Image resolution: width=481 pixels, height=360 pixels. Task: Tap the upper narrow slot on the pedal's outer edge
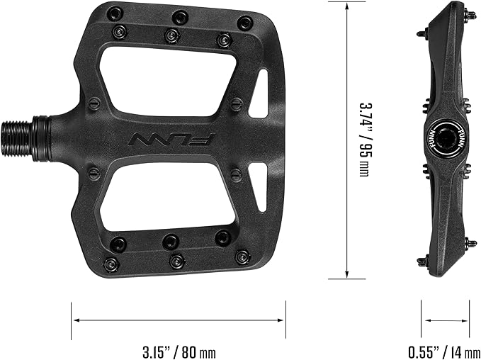point(261,88)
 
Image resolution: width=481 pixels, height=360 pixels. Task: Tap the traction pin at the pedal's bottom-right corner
point(243,254)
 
